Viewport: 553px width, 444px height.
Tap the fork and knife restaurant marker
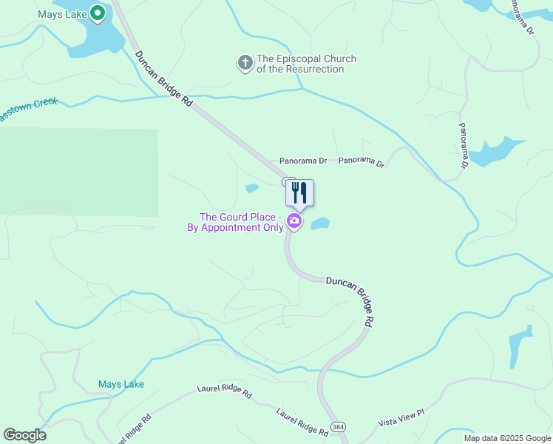[299, 193]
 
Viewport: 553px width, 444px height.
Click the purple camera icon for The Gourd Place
[294, 221]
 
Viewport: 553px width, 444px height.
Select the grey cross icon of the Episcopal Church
[245, 64]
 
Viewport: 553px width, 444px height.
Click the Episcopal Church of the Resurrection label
[306, 64]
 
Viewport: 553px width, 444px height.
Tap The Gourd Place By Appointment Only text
[240, 223]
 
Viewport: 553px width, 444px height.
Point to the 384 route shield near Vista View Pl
[339, 427]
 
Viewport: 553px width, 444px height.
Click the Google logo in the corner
[24, 435]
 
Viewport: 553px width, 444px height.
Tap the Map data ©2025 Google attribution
[507, 438]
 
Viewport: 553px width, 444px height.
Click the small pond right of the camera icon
[319, 223]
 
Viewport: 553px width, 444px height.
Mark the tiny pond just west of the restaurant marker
[252, 188]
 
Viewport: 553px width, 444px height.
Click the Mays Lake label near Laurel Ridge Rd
[121, 384]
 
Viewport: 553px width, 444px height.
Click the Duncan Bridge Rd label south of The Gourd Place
[350, 300]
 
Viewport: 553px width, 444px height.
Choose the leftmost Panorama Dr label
[303, 161]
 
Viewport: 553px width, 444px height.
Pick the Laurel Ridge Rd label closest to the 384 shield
[302, 422]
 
